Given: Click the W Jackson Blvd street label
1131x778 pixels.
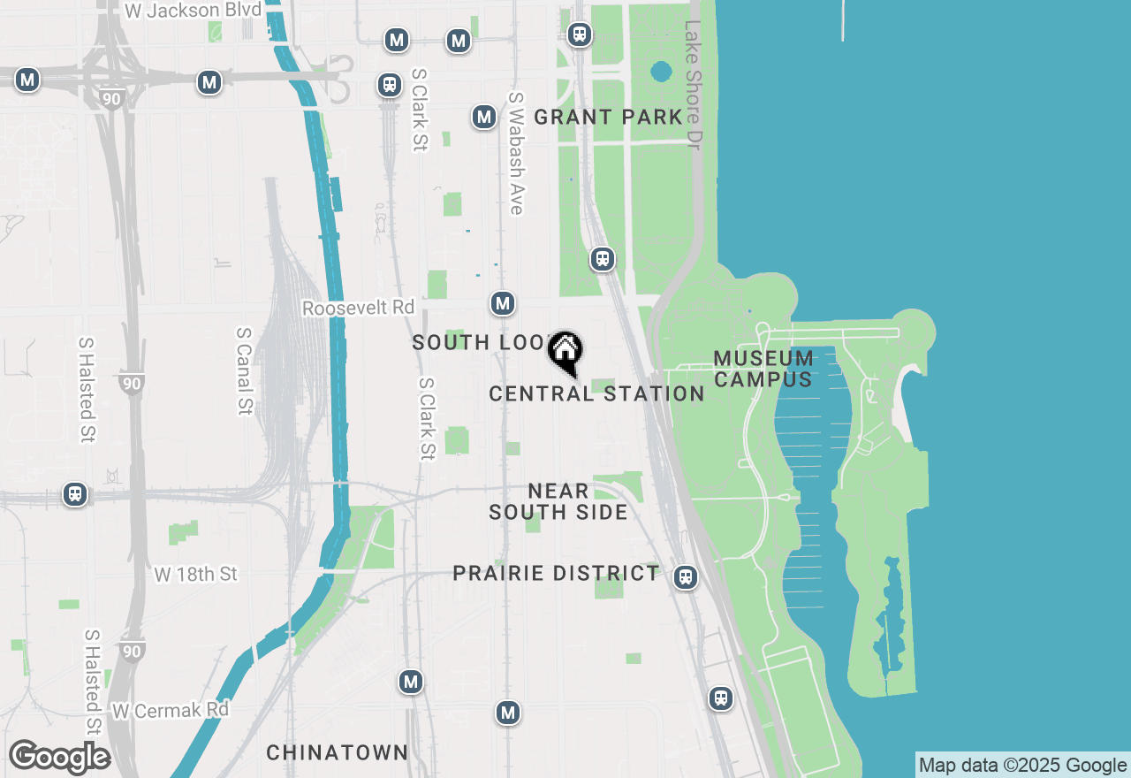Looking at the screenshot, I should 194,11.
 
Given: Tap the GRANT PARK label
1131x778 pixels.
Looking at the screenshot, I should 609,117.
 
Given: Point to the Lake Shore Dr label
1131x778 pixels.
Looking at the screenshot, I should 693,85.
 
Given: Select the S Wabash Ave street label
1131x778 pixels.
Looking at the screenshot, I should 516,153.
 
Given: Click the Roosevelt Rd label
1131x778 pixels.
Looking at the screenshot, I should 358,308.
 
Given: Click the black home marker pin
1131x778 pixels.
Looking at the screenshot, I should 565,353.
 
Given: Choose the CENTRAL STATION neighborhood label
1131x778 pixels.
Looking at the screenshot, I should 596,393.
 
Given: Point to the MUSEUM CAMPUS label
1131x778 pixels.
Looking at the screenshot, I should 763,369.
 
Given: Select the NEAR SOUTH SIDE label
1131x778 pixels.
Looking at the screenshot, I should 558,501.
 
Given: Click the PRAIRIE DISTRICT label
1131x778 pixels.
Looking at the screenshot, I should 556,573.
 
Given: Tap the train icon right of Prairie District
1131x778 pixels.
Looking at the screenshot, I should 685,577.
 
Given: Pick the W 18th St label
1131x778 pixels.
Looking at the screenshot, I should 195,575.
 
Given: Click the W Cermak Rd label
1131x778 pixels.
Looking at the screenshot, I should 170,710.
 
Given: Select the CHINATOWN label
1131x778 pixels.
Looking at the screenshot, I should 337,752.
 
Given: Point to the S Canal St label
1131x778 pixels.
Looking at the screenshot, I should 244,371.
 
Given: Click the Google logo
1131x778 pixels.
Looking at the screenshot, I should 59,758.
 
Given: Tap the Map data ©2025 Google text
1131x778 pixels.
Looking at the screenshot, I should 1022,766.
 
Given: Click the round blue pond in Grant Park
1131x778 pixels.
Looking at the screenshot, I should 660,71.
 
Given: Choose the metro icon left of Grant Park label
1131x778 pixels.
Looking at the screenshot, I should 483,117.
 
